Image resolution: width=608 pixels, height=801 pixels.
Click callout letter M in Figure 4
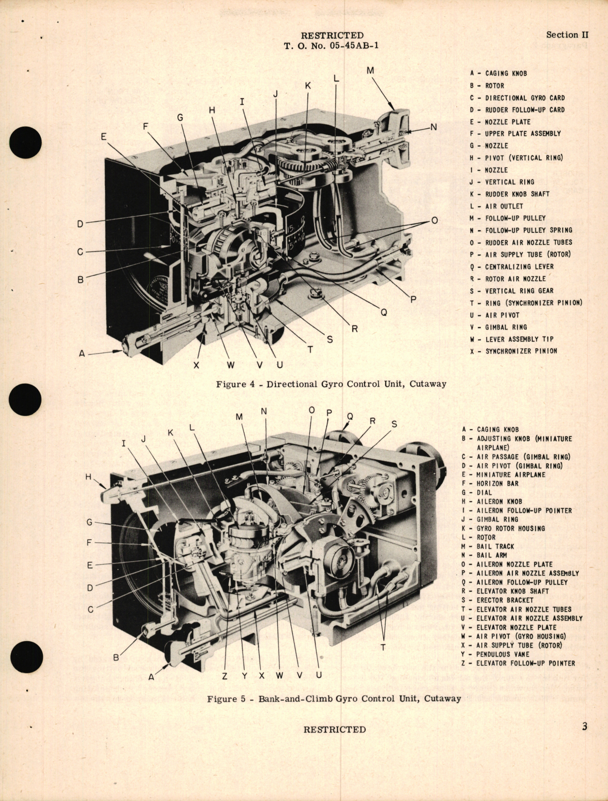[370, 71]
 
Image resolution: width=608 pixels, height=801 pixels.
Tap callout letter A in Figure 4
[82, 354]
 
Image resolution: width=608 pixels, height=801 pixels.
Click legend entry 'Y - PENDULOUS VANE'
[507, 655]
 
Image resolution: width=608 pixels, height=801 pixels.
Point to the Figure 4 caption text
[331, 384]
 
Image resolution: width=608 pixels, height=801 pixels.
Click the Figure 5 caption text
[334, 698]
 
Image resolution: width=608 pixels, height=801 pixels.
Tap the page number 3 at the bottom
[584, 727]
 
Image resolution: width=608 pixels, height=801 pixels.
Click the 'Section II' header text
[567, 35]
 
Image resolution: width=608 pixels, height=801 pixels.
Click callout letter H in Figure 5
[89, 477]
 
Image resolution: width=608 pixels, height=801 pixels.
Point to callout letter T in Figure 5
[383, 648]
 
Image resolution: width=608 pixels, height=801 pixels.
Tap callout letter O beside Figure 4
[434, 220]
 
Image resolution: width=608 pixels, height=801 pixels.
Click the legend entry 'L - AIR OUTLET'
[497, 206]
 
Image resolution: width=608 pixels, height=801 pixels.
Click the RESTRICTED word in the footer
[335, 729]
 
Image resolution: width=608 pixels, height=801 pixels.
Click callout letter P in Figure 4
[413, 299]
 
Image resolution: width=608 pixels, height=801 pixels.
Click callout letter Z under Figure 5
[224, 676]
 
